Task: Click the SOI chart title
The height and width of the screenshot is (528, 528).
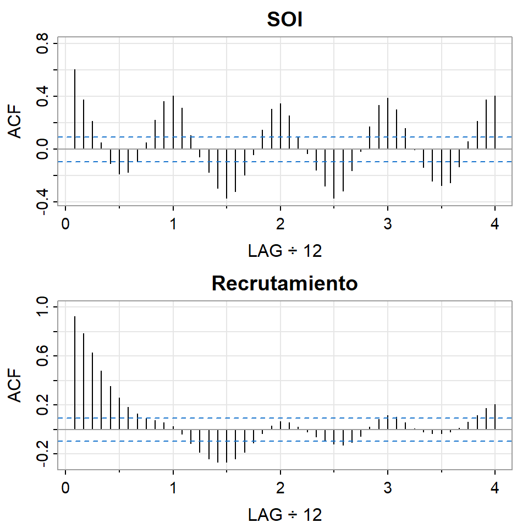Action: pyautogui.click(x=285, y=20)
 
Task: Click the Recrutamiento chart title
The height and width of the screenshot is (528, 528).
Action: pyautogui.click(x=285, y=283)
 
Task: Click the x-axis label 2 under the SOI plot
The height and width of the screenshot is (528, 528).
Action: pyautogui.click(x=280, y=226)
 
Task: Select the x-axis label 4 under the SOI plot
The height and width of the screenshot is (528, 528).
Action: pyautogui.click(x=495, y=226)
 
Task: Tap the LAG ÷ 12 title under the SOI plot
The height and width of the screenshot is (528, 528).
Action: pyautogui.click(x=285, y=251)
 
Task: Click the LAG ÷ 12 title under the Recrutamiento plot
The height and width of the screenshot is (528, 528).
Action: pyautogui.click(x=285, y=515)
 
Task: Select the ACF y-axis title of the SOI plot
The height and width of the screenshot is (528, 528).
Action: pyautogui.click(x=18, y=122)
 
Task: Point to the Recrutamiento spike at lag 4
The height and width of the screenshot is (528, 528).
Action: pyautogui.click(x=495, y=416)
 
